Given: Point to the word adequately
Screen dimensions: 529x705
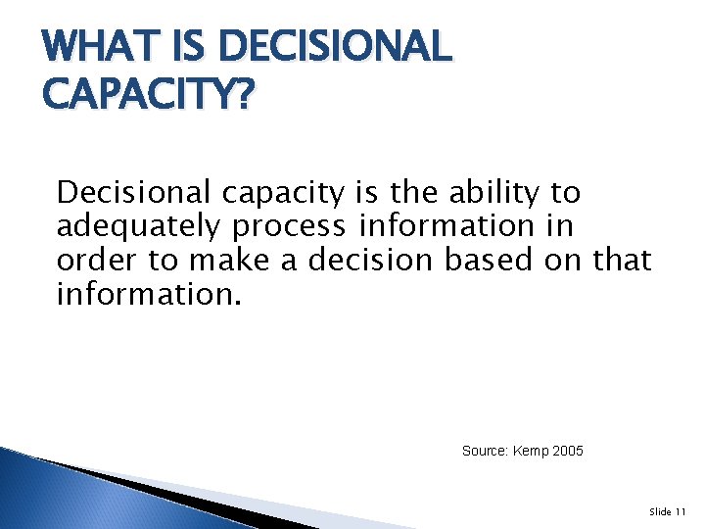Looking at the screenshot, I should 138,226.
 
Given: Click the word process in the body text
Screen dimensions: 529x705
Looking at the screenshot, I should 289,226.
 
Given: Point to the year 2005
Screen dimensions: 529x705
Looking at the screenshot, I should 569,451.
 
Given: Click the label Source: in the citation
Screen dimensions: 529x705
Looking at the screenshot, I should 486,451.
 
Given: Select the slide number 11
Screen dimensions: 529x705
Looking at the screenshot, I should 681,512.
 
